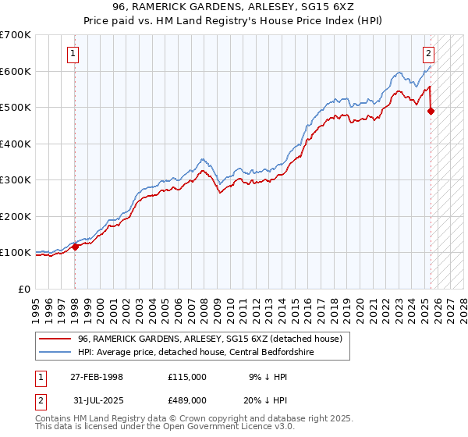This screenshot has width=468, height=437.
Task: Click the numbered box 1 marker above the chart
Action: click(x=73, y=54)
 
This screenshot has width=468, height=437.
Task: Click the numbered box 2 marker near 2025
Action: click(x=429, y=54)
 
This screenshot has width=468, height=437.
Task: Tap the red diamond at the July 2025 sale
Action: click(x=431, y=112)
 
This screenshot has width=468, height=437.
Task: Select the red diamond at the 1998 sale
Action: click(x=75, y=247)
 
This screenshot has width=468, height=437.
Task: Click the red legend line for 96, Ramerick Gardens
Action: click(x=55, y=339)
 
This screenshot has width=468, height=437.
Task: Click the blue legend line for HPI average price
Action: click(x=55, y=352)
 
